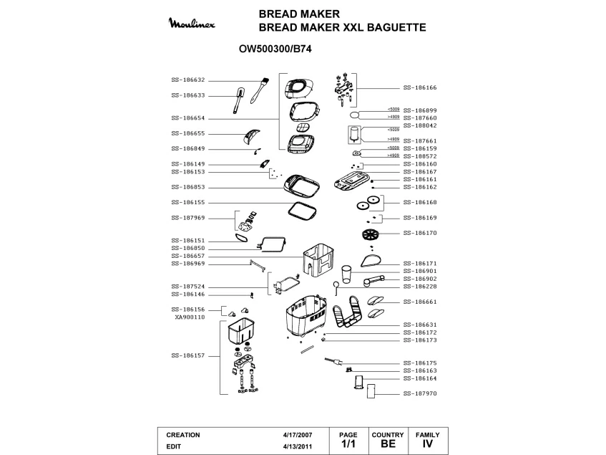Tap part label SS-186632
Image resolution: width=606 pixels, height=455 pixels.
(x=188, y=80)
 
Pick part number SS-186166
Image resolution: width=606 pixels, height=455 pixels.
(x=420, y=87)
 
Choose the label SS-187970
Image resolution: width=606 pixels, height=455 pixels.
(x=420, y=393)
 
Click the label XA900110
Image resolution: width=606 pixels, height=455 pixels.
(x=190, y=316)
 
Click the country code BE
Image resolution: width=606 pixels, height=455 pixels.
(x=388, y=444)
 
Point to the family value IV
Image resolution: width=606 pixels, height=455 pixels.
(x=428, y=444)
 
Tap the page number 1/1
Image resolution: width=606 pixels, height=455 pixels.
(x=348, y=444)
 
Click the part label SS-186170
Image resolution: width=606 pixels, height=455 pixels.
(x=420, y=233)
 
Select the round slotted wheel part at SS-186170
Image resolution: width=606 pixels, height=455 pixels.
(x=369, y=234)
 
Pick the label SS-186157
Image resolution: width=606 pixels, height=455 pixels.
(x=188, y=355)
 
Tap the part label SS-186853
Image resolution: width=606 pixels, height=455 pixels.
(x=188, y=187)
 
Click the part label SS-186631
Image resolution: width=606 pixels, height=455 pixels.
(x=420, y=325)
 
